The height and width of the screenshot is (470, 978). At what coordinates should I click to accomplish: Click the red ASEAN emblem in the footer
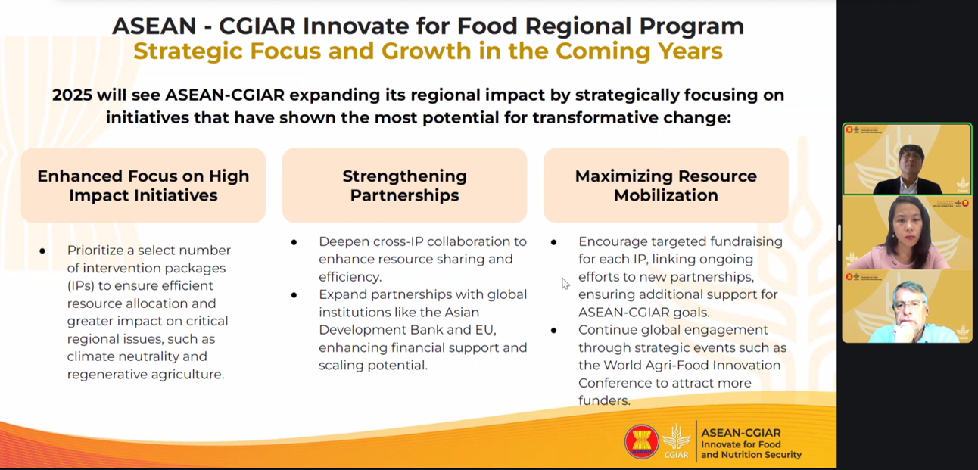point(641,441)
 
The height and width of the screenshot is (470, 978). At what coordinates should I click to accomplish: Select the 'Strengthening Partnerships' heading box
point(404,185)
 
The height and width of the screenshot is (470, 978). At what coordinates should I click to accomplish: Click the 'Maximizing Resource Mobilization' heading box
point(665,185)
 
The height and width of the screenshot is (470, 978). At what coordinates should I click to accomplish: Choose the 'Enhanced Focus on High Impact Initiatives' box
point(143,185)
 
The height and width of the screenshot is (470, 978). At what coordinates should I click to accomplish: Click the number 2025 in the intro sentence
point(72,95)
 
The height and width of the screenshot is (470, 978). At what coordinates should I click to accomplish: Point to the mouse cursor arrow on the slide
point(565,283)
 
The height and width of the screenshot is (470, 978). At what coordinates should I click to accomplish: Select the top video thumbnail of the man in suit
point(907,160)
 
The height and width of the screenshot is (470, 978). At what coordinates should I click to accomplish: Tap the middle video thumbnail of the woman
point(907,233)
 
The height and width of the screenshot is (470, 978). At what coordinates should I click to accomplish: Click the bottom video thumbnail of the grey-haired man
point(907,307)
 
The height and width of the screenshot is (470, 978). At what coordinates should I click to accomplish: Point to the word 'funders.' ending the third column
point(604,400)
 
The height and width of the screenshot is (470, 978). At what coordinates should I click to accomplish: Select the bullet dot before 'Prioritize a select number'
point(42,251)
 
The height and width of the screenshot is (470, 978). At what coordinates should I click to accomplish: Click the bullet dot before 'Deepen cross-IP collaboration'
point(294,242)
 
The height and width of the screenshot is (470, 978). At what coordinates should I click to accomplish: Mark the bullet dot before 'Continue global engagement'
point(554,331)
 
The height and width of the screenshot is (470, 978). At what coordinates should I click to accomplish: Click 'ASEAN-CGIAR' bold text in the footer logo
point(740,433)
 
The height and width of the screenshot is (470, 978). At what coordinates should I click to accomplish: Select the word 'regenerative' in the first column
point(105,374)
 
